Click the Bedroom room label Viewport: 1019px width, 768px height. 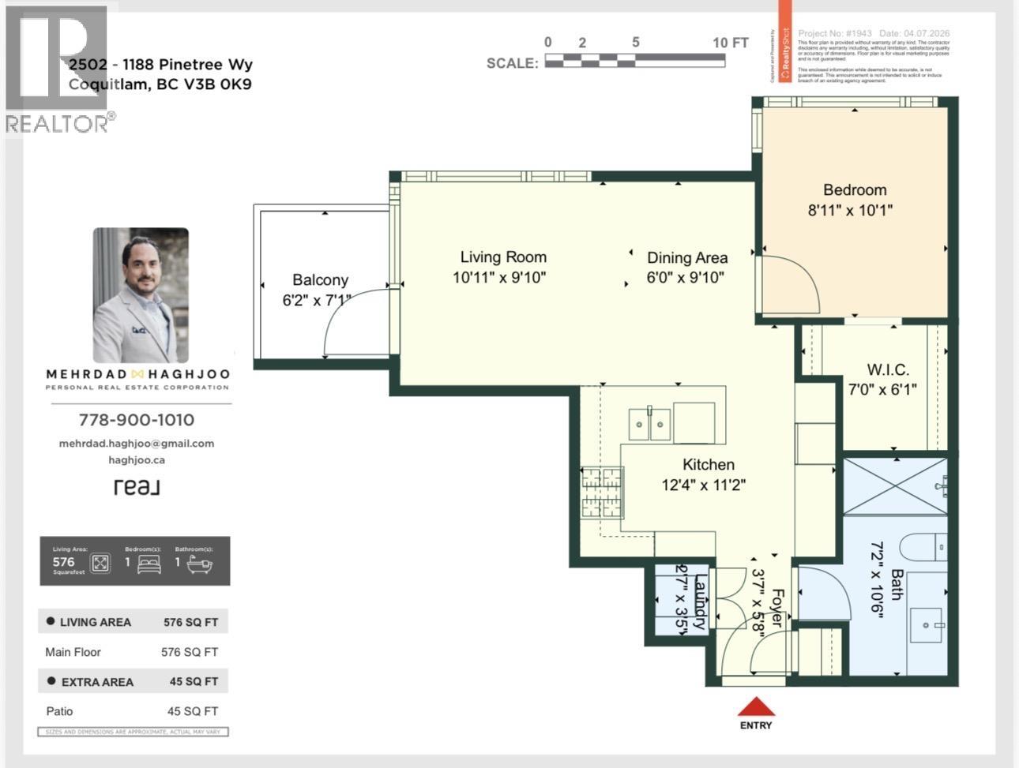coord(854,190)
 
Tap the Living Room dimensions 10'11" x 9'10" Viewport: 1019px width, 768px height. coord(499,278)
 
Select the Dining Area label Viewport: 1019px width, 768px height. coord(686,258)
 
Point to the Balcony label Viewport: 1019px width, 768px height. coord(320,280)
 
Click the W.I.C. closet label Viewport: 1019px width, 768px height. coord(888,369)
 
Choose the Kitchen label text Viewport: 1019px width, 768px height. coord(709,465)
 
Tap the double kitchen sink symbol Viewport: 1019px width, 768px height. coord(649,425)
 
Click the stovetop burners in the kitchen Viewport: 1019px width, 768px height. coord(602,492)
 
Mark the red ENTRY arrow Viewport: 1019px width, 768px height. coord(756,706)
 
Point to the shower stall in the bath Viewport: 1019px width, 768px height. coord(894,485)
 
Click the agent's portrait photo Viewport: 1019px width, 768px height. coord(141,295)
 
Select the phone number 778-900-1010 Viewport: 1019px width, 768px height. coord(137,420)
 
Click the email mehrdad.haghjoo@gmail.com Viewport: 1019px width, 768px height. coord(137,444)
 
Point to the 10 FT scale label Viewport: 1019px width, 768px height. coord(730,43)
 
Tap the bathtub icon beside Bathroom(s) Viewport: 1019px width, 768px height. coord(199,564)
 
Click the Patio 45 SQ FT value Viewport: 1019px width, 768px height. coord(192,711)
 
